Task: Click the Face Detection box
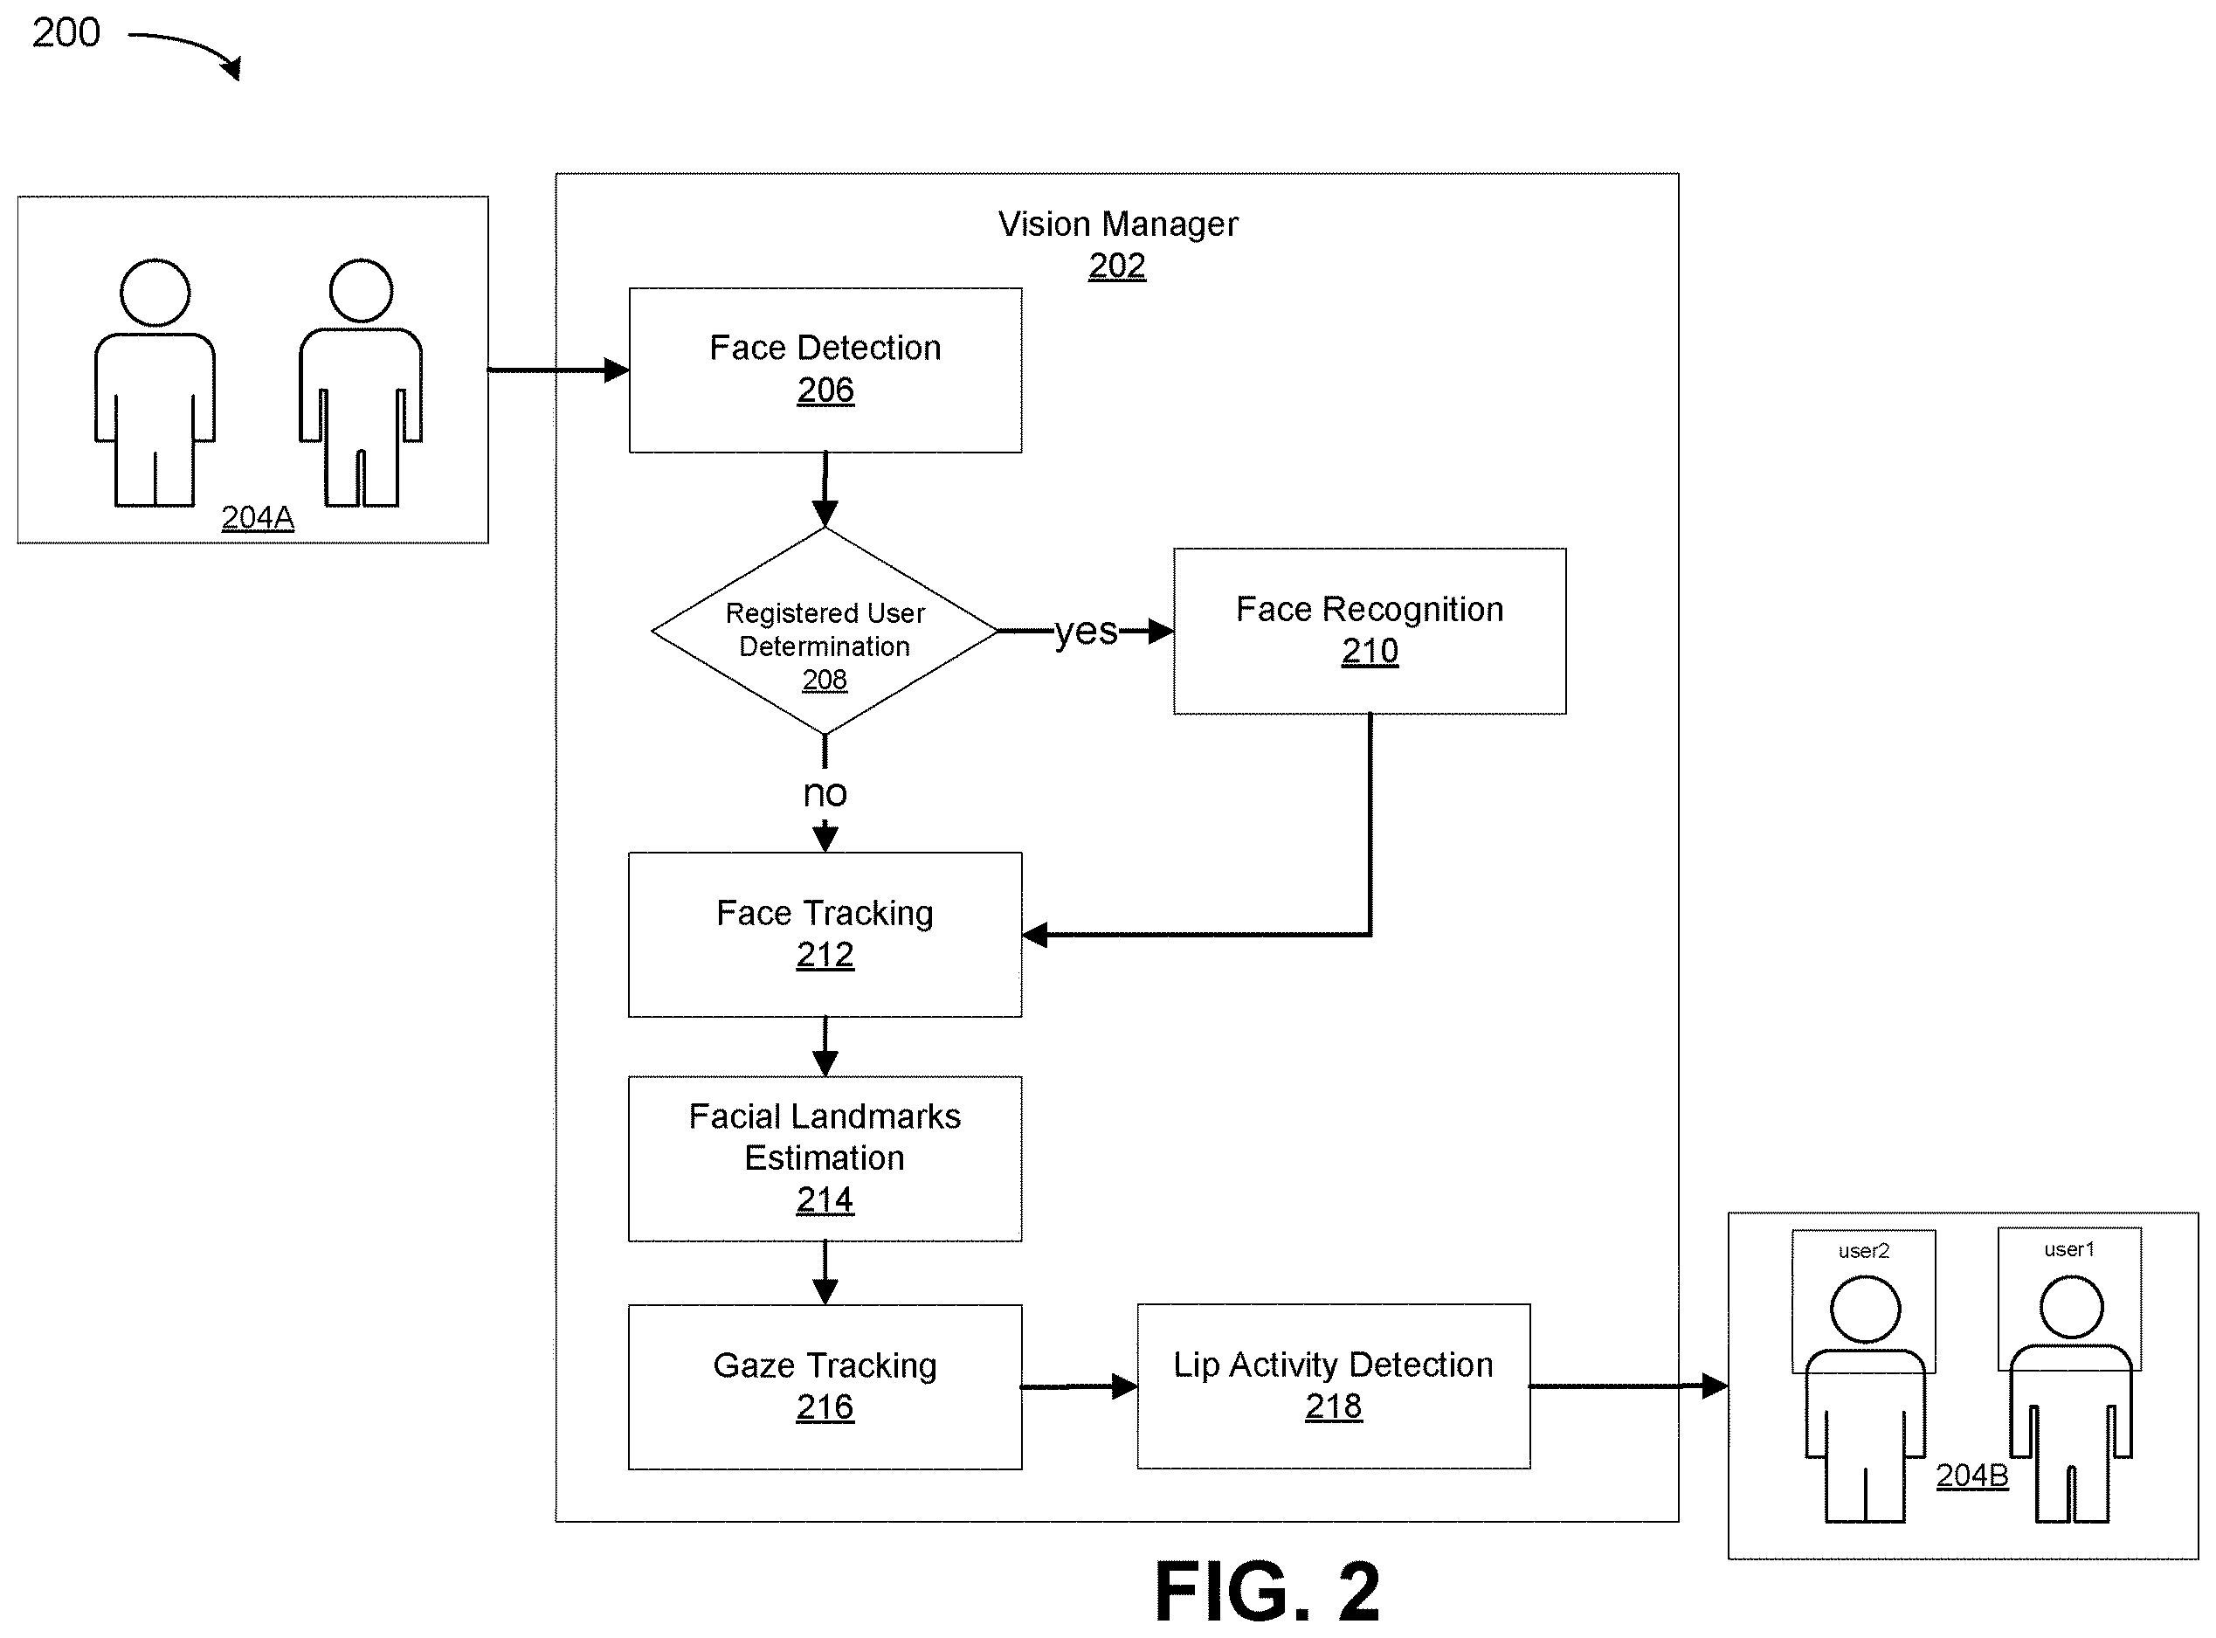point(825,370)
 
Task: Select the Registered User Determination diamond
point(825,631)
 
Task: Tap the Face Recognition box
point(1370,631)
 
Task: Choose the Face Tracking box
point(825,934)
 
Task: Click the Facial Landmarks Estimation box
point(825,1158)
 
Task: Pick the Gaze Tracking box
point(825,1386)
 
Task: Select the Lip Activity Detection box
point(1334,1386)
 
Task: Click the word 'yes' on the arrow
point(1086,632)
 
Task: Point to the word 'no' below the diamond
point(825,793)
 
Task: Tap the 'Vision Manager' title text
point(1117,225)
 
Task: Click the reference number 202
point(1117,266)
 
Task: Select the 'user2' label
point(1864,1251)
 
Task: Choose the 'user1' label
point(2069,1249)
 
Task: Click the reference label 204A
point(258,517)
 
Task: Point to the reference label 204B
point(1972,1476)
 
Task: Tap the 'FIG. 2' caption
point(1267,1592)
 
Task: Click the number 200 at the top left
point(66,32)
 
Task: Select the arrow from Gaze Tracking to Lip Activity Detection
point(1080,1386)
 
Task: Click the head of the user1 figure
point(2071,1307)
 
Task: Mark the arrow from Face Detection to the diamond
point(825,490)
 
